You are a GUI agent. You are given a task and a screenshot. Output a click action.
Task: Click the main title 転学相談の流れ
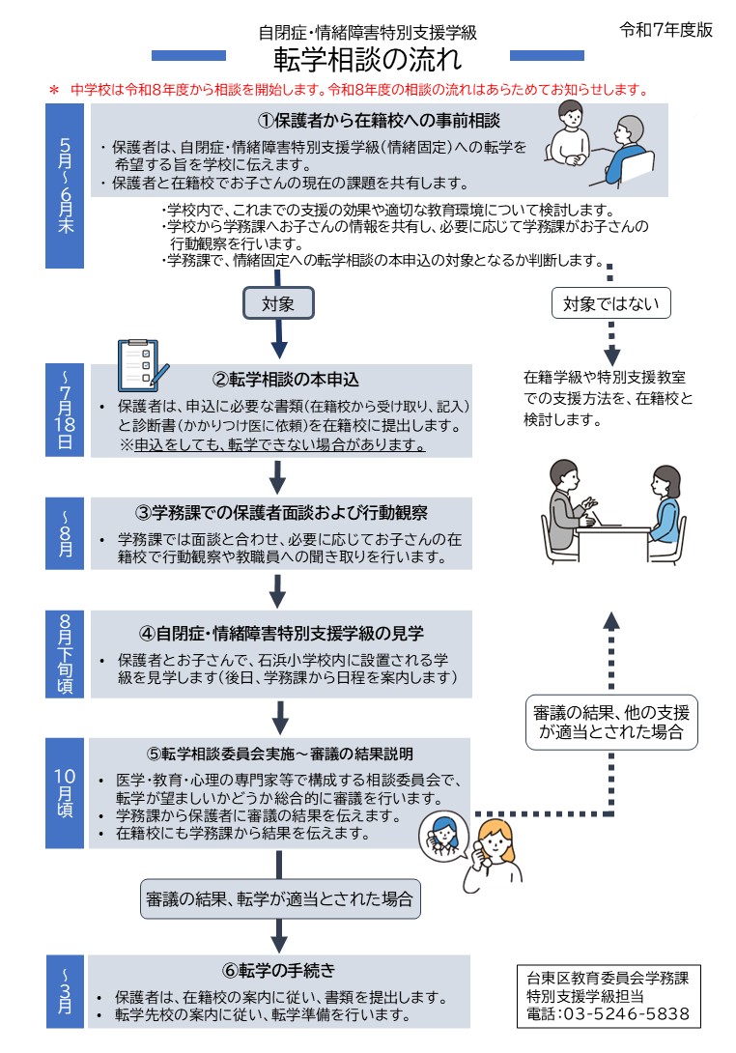click(367, 60)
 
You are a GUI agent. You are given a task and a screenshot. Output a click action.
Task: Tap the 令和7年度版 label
click(665, 30)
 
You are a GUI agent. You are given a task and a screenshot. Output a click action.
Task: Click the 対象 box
click(278, 303)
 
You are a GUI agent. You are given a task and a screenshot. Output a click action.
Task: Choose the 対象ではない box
click(611, 303)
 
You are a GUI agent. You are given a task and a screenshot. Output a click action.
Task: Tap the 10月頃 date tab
click(66, 793)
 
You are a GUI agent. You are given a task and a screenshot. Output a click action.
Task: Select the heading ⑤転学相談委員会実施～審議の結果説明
click(280, 754)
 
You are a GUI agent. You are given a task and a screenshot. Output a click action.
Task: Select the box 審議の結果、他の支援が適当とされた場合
click(611, 722)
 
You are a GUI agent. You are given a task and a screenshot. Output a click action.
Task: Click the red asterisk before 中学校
click(54, 90)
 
